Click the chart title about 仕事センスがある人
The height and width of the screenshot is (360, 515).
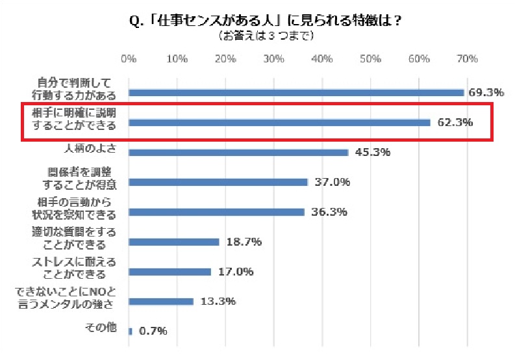[266, 21]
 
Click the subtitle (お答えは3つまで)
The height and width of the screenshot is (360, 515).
[266, 36]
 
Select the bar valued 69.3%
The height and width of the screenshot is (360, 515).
[296, 92]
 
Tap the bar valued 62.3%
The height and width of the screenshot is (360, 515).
[279, 122]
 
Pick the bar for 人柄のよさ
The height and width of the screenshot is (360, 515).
[238, 153]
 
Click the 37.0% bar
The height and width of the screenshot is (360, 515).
[218, 182]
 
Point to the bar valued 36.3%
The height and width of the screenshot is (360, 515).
[216, 212]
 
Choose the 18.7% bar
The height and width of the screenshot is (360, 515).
[174, 242]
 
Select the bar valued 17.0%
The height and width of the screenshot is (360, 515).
[170, 272]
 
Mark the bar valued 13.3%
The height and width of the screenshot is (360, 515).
[161, 302]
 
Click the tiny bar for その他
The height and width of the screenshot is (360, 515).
[131, 331]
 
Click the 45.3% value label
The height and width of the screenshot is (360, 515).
[372, 153]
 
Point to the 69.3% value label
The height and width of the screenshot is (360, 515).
[486, 92]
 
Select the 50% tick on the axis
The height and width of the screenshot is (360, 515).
[370, 59]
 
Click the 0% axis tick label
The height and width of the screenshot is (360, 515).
[129, 59]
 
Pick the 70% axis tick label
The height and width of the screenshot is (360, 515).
[467, 59]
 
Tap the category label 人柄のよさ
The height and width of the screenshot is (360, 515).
[90, 148]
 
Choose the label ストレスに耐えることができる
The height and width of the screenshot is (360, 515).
[74, 267]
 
